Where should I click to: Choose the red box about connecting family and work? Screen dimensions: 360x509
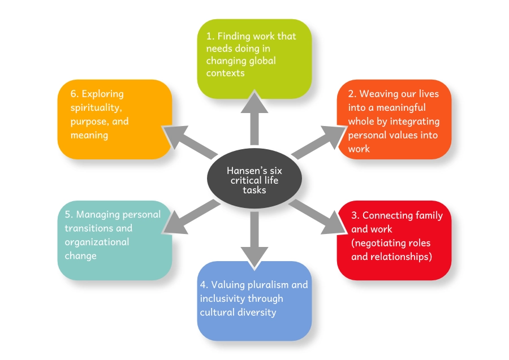coord(394,240)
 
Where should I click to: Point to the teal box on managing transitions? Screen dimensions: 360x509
coord(115,240)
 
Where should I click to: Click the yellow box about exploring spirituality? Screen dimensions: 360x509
coord(115,119)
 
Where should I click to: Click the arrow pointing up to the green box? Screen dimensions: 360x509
coord(255,122)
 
